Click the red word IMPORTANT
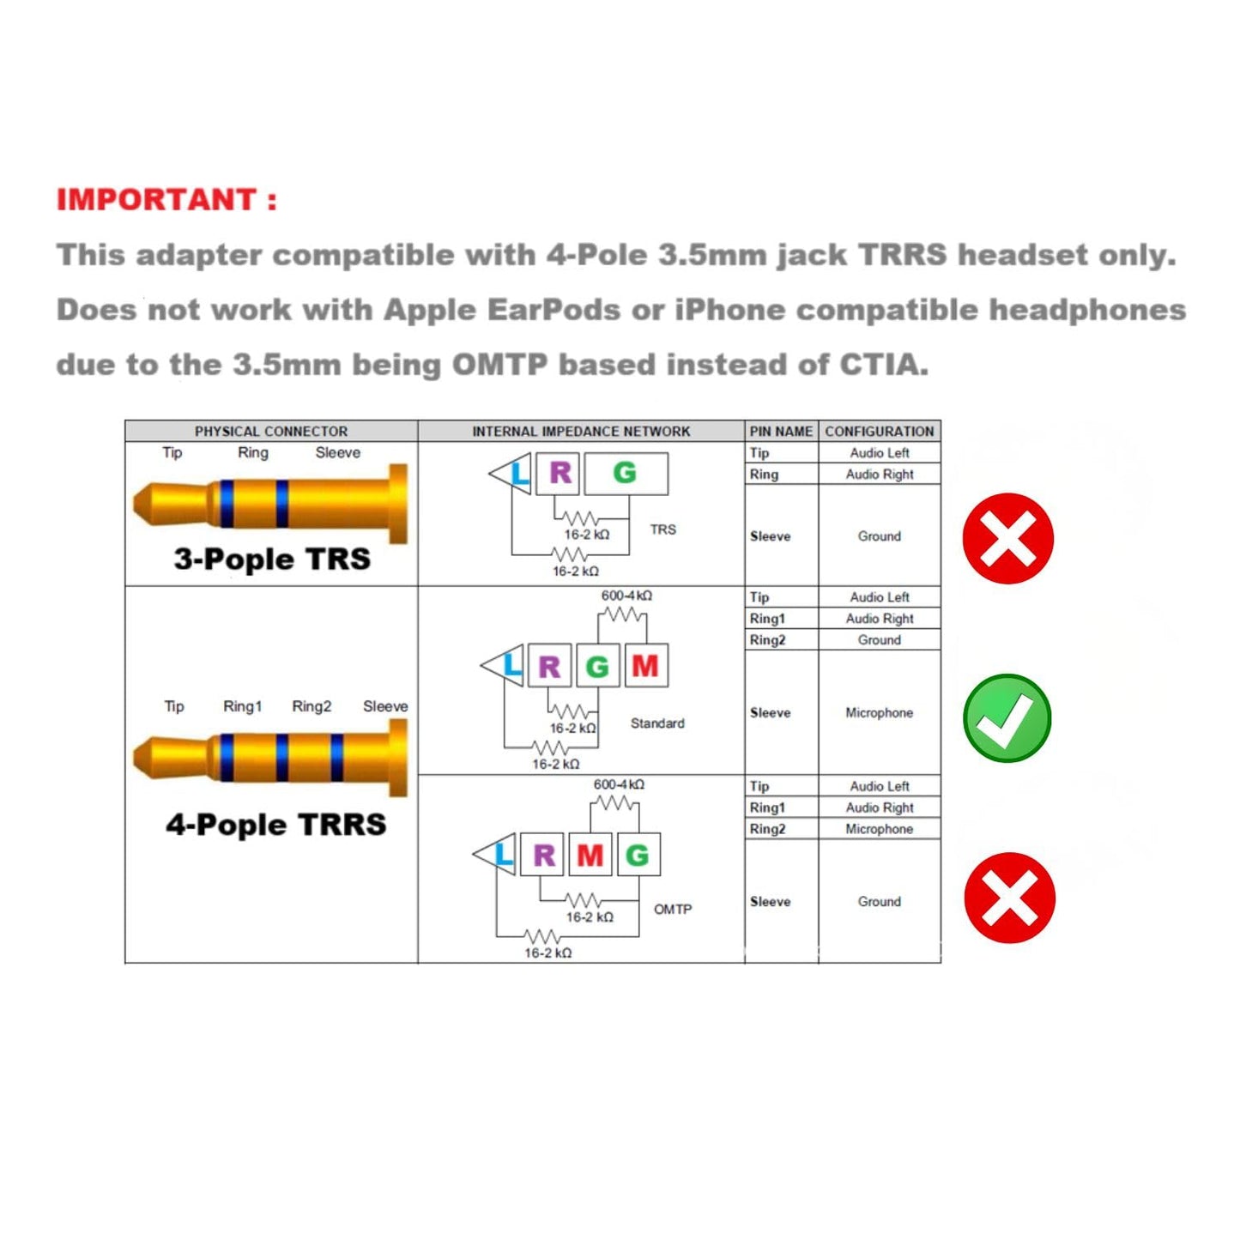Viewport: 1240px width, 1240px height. pos(157,199)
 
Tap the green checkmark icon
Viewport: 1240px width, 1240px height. pos(1007,717)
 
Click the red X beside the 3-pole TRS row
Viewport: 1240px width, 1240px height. pos(1007,538)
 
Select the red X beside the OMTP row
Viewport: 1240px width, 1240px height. pos(1010,898)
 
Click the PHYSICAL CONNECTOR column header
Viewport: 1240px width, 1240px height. pos(271,431)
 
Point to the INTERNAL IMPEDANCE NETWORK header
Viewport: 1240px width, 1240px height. pos(581,431)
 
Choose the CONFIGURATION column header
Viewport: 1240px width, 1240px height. pos(879,431)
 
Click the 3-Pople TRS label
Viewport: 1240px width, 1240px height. pos(272,559)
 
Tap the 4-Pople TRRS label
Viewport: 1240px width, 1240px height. pos(276,825)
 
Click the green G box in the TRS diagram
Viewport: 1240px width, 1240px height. pos(626,474)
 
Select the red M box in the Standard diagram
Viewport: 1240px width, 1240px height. pos(646,665)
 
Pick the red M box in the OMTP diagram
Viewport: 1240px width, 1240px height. pos(590,855)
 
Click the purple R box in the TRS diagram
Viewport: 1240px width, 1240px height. pos(558,474)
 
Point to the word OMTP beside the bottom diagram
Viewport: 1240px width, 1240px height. pos(673,910)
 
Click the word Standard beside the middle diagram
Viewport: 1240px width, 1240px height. pos(657,723)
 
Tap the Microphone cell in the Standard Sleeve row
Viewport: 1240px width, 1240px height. pos(879,712)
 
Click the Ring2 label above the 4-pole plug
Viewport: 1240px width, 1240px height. pos(312,706)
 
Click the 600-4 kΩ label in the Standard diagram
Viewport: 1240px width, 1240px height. pos(626,596)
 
